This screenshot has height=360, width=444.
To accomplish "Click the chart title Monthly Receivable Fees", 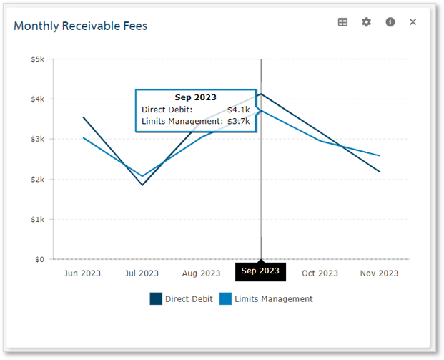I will pyautogui.click(x=80, y=26).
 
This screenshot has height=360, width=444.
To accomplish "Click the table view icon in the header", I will pyautogui.click(x=342, y=22).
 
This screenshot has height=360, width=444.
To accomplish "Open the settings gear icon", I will pyautogui.click(x=366, y=22).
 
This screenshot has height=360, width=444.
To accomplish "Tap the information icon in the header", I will pyautogui.click(x=390, y=22).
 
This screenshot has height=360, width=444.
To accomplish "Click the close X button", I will pyautogui.click(x=413, y=22).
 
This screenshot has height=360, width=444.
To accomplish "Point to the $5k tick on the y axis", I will pyautogui.click(x=37, y=59).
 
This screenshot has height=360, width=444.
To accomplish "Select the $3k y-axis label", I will pyautogui.click(x=37, y=140).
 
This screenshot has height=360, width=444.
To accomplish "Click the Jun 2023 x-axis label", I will pyautogui.click(x=82, y=273).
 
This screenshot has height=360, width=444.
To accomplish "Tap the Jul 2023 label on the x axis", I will pyautogui.click(x=142, y=273).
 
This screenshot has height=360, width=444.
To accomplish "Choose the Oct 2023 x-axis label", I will pyautogui.click(x=320, y=273).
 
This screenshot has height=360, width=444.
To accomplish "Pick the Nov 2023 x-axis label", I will pyautogui.click(x=379, y=273).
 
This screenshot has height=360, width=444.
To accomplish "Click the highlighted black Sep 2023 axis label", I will pyautogui.click(x=260, y=271).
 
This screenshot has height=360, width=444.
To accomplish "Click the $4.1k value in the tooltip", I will pyautogui.click(x=238, y=110).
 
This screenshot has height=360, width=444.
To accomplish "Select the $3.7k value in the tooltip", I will pyautogui.click(x=238, y=122).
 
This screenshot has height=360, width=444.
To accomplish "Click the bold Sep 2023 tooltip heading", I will pyautogui.click(x=195, y=97).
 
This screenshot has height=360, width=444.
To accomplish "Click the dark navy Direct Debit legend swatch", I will pyautogui.click(x=156, y=299).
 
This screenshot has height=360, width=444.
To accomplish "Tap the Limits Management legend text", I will pyautogui.click(x=273, y=299).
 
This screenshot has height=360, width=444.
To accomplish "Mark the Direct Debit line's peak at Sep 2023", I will pyautogui.click(x=261, y=94).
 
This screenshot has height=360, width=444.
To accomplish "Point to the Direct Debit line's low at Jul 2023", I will pyautogui.click(x=142, y=185).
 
